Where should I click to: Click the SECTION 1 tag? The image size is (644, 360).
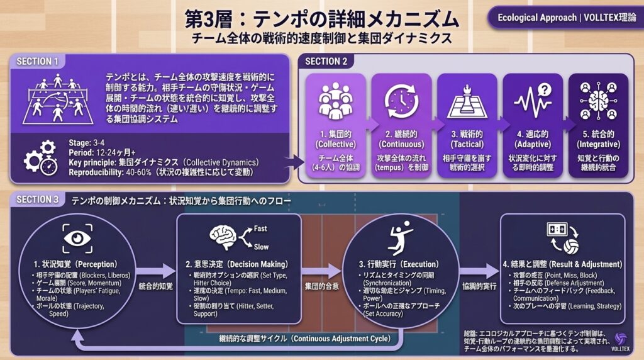tap(37, 61)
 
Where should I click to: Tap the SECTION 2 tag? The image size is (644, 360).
tap(326, 61)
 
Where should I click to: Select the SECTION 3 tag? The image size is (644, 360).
tap(37, 200)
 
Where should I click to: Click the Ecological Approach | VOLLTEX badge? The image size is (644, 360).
tap(563, 17)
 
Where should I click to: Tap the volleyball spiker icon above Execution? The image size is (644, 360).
tap(399, 237)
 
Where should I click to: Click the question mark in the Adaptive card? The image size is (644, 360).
tap(545, 90)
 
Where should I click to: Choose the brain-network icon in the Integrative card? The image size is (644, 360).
tap(597, 101)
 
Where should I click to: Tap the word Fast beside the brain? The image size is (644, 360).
tap(261, 228)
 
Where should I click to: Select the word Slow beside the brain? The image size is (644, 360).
tap(261, 247)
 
